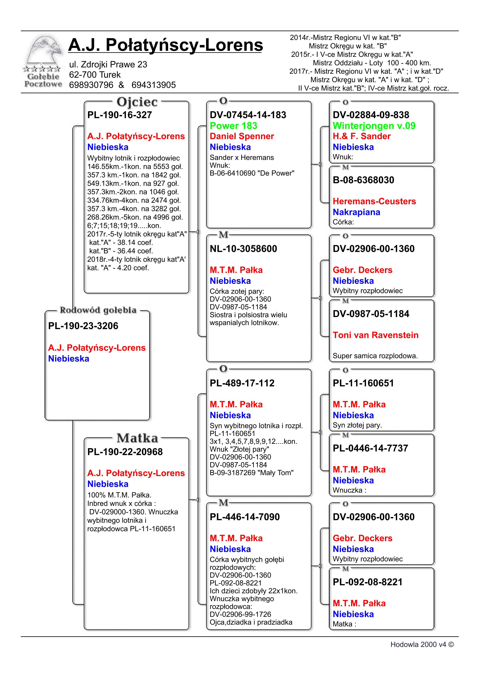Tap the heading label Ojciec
137,102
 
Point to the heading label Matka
137,438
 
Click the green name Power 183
233,126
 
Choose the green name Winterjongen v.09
374,126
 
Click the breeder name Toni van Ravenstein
376,335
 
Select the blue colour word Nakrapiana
356,212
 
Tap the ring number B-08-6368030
363,180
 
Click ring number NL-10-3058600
243,249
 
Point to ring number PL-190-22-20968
125,452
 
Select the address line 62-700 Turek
95,75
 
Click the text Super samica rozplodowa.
375,356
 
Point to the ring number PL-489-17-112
242,383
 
